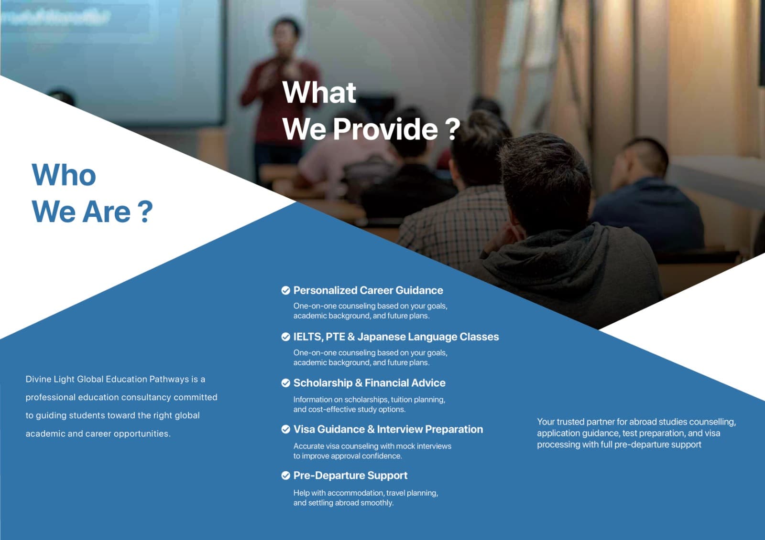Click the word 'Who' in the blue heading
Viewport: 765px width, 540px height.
point(64,175)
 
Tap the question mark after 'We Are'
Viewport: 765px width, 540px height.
point(146,212)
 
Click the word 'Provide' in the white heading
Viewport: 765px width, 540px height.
point(385,129)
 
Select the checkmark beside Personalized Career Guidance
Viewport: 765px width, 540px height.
point(285,290)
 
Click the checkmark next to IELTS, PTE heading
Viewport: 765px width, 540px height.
point(285,337)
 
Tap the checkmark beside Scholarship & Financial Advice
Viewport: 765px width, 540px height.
point(285,383)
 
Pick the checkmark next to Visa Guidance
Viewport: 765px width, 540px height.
point(285,429)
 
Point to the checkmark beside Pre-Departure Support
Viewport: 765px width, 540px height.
point(285,476)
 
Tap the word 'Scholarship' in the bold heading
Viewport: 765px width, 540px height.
point(323,383)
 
